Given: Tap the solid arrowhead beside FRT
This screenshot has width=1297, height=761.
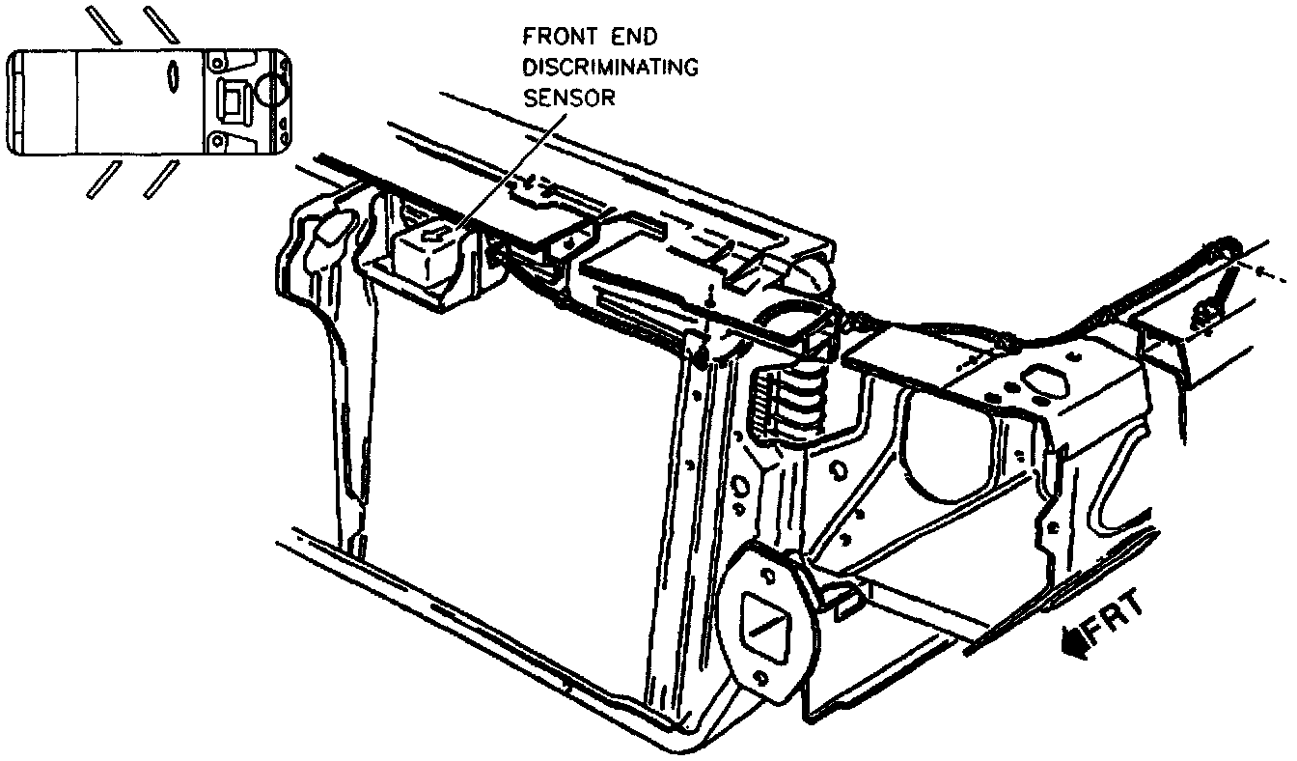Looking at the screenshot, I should (x=1071, y=640).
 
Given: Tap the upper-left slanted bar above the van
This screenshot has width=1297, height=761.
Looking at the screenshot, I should (x=100, y=23).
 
